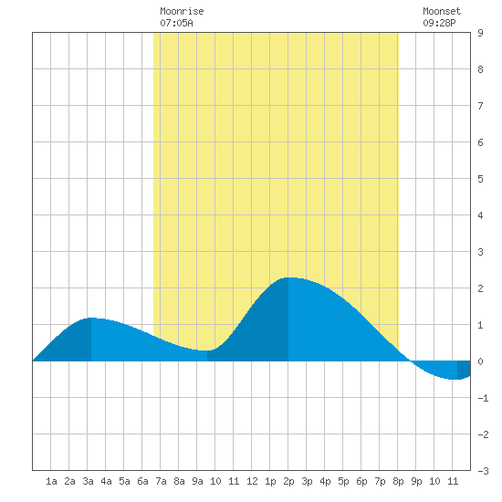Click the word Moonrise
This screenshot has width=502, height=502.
coord(182,11)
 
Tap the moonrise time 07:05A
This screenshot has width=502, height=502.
coord(176,23)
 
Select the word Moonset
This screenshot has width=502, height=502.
coord(442,11)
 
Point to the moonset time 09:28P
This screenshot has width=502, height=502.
coord(439,23)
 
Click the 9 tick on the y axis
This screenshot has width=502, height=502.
coord(480,33)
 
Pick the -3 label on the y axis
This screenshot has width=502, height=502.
coord(483,471)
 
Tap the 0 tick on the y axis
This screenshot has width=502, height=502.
coord(480,361)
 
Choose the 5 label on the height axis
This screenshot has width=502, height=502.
coord(480,179)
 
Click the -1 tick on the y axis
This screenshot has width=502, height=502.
coord(483,398)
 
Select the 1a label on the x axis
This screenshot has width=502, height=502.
coord(51,481)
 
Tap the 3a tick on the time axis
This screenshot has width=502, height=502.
coord(88,481)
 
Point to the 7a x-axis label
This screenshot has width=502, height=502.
coord(161,481)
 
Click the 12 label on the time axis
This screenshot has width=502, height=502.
coord(252,481)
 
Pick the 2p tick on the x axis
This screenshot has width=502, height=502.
coord(288,481)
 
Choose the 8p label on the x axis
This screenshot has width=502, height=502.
coord(398,481)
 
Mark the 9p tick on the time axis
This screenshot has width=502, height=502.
coord(416,481)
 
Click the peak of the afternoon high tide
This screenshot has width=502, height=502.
coord(289,277)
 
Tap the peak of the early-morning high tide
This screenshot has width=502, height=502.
coord(91,318)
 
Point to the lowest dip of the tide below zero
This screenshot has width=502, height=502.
coord(455,380)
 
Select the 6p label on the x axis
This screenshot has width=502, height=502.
coord(361,481)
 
